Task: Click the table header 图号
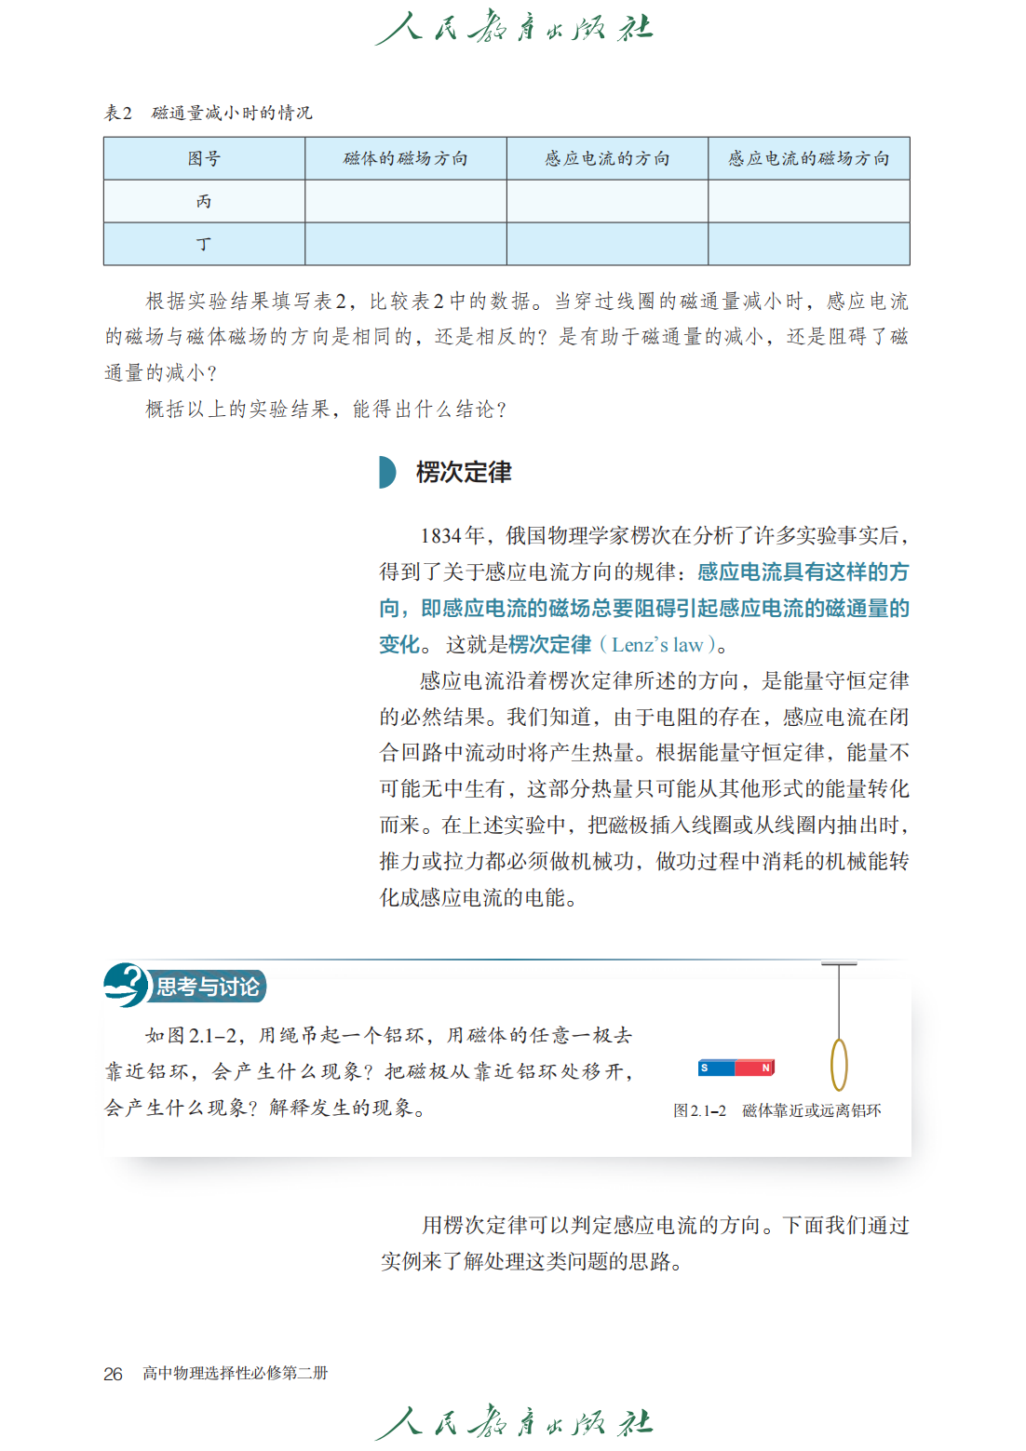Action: [x=204, y=158]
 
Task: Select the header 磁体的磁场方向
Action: [x=405, y=158]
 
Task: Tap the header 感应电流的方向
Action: [x=607, y=158]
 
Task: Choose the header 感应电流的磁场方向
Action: [x=808, y=158]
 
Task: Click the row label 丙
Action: [x=204, y=201]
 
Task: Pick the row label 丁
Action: [x=204, y=244]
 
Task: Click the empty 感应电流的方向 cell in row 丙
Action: [x=607, y=201]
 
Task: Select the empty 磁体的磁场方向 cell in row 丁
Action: [x=405, y=244]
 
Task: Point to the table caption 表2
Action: [x=118, y=113]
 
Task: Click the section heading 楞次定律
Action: [x=464, y=473]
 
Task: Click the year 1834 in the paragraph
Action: [x=440, y=536]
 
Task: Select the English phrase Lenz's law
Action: [x=657, y=645]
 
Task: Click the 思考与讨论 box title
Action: [x=208, y=987]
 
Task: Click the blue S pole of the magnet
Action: [x=716, y=1068]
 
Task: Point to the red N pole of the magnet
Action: [x=756, y=1068]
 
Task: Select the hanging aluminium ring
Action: [x=839, y=1064]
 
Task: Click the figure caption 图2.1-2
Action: [x=699, y=1110]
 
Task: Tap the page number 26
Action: [x=113, y=1374]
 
